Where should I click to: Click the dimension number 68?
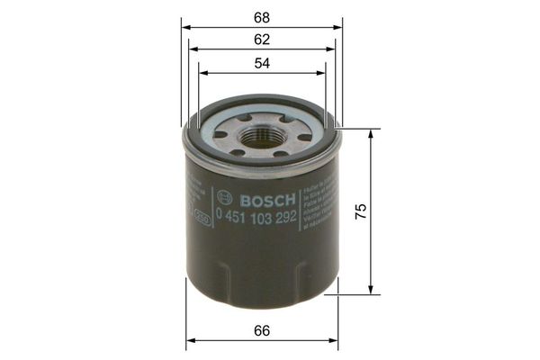[x=262, y=16]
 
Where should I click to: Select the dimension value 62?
[x=262, y=40]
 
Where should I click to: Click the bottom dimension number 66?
[x=262, y=330]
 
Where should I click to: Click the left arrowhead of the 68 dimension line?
[x=185, y=27]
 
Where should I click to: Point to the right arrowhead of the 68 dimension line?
[x=339, y=27]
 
